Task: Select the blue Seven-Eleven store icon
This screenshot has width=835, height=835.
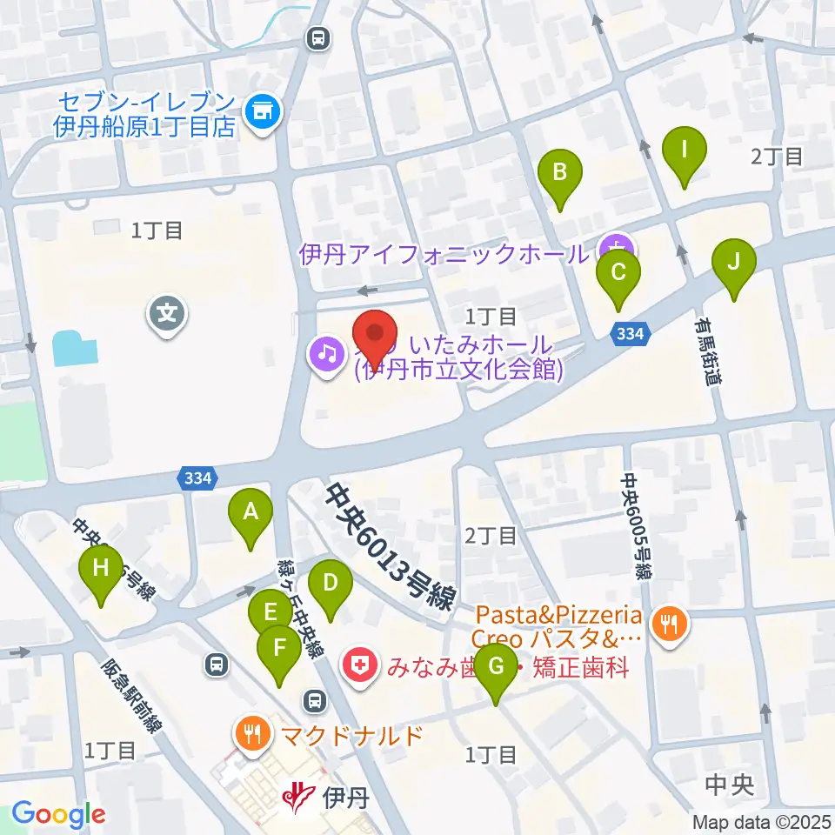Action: click(x=263, y=111)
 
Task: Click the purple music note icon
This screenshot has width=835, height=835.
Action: click(x=326, y=354)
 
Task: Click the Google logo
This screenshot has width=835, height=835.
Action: click(x=58, y=815)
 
